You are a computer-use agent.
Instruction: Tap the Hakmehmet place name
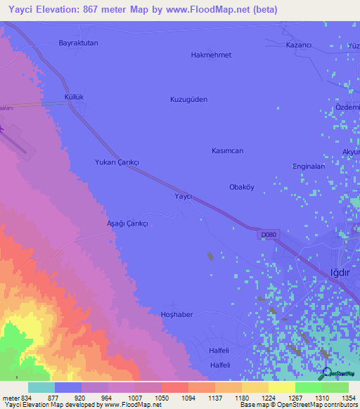coord(211,55)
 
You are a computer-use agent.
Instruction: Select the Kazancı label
coord(298,44)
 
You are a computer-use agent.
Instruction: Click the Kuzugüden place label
coord(188,100)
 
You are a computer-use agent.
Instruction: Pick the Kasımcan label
coord(227,151)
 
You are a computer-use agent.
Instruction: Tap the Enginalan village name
coord(309,167)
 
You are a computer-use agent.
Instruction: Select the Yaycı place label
coord(183,197)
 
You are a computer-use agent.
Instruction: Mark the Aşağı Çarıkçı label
coord(127,223)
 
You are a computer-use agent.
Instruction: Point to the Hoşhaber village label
coord(176,314)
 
